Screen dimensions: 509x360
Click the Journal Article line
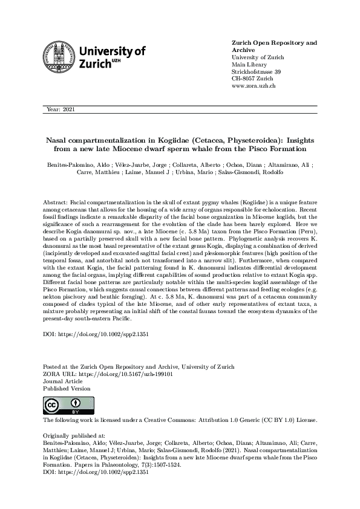[63, 381]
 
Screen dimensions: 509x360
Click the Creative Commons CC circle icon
[51, 404]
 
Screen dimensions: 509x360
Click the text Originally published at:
[74, 435]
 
